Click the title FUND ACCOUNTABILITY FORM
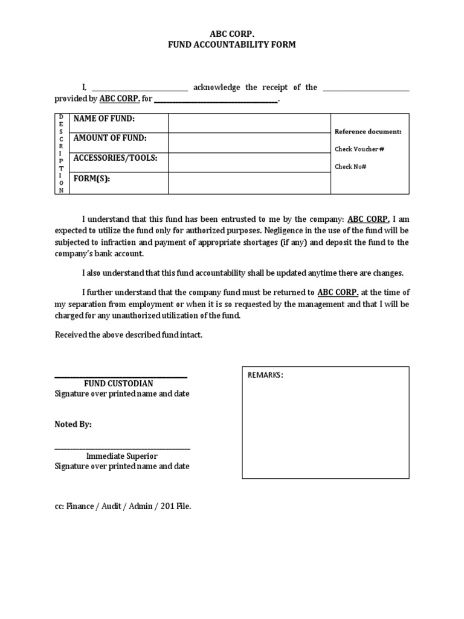pyautogui.click(x=232, y=45)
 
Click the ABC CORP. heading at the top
pyautogui.click(x=232, y=34)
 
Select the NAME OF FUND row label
pyautogui.click(x=104, y=118)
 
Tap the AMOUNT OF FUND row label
pyautogui.click(x=110, y=138)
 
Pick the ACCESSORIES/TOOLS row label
pyautogui.click(x=115, y=158)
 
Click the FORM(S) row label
pyautogui.click(x=92, y=179)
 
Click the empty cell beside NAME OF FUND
pyautogui.click(x=249, y=123)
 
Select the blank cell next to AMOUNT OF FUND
pyautogui.click(x=249, y=143)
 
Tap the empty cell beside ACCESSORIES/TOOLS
pyautogui.click(x=249, y=163)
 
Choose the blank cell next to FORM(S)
pyautogui.click(x=249, y=183)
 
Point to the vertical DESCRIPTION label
pyautogui.click(x=61, y=154)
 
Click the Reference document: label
pyautogui.click(x=367, y=131)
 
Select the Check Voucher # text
pyautogui.click(x=359, y=149)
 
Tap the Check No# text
pyautogui.click(x=351, y=166)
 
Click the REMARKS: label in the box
pyautogui.click(x=265, y=375)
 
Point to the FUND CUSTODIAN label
pyautogui.click(x=118, y=384)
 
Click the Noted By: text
pyautogui.click(x=73, y=425)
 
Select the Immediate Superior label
pyautogui.click(x=122, y=456)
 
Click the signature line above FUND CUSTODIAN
pyautogui.click(x=121, y=377)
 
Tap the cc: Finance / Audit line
pyautogui.click(x=123, y=507)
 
